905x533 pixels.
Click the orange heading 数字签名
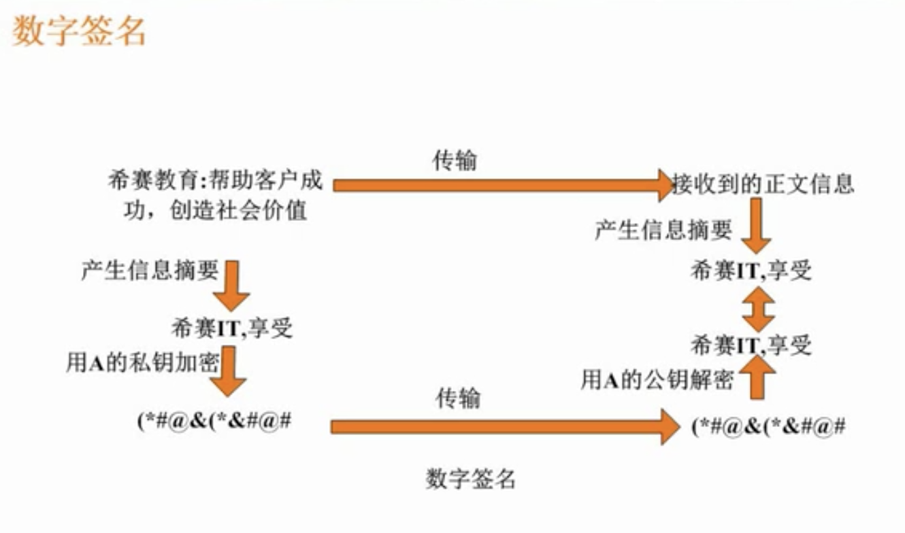pyautogui.click(x=79, y=31)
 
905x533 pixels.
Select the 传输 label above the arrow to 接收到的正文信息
pyautogui.click(x=455, y=160)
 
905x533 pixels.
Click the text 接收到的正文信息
pyautogui.click(x=763, y=184)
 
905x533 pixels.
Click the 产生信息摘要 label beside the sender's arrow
pyautogui.click(x=150, y=270)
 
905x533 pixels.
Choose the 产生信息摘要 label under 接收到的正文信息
pyautogui.click(x=663, y=230)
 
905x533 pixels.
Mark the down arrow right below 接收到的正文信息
pyautogui.click(x=757, y=231)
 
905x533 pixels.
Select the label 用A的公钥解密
pyautogui.click(x=657, y=380)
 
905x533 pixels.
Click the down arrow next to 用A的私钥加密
pyautogui.click(x=228, y=371)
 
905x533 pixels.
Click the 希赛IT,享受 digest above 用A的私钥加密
pyautogui.click(x=233, y=328)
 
